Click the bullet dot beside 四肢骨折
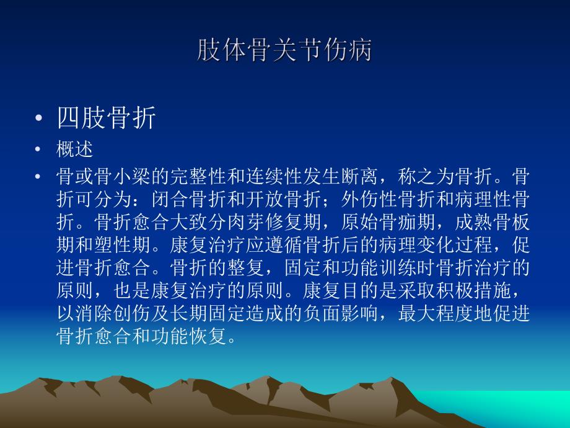tap(40, 118)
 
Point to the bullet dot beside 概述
tap(40, 150)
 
